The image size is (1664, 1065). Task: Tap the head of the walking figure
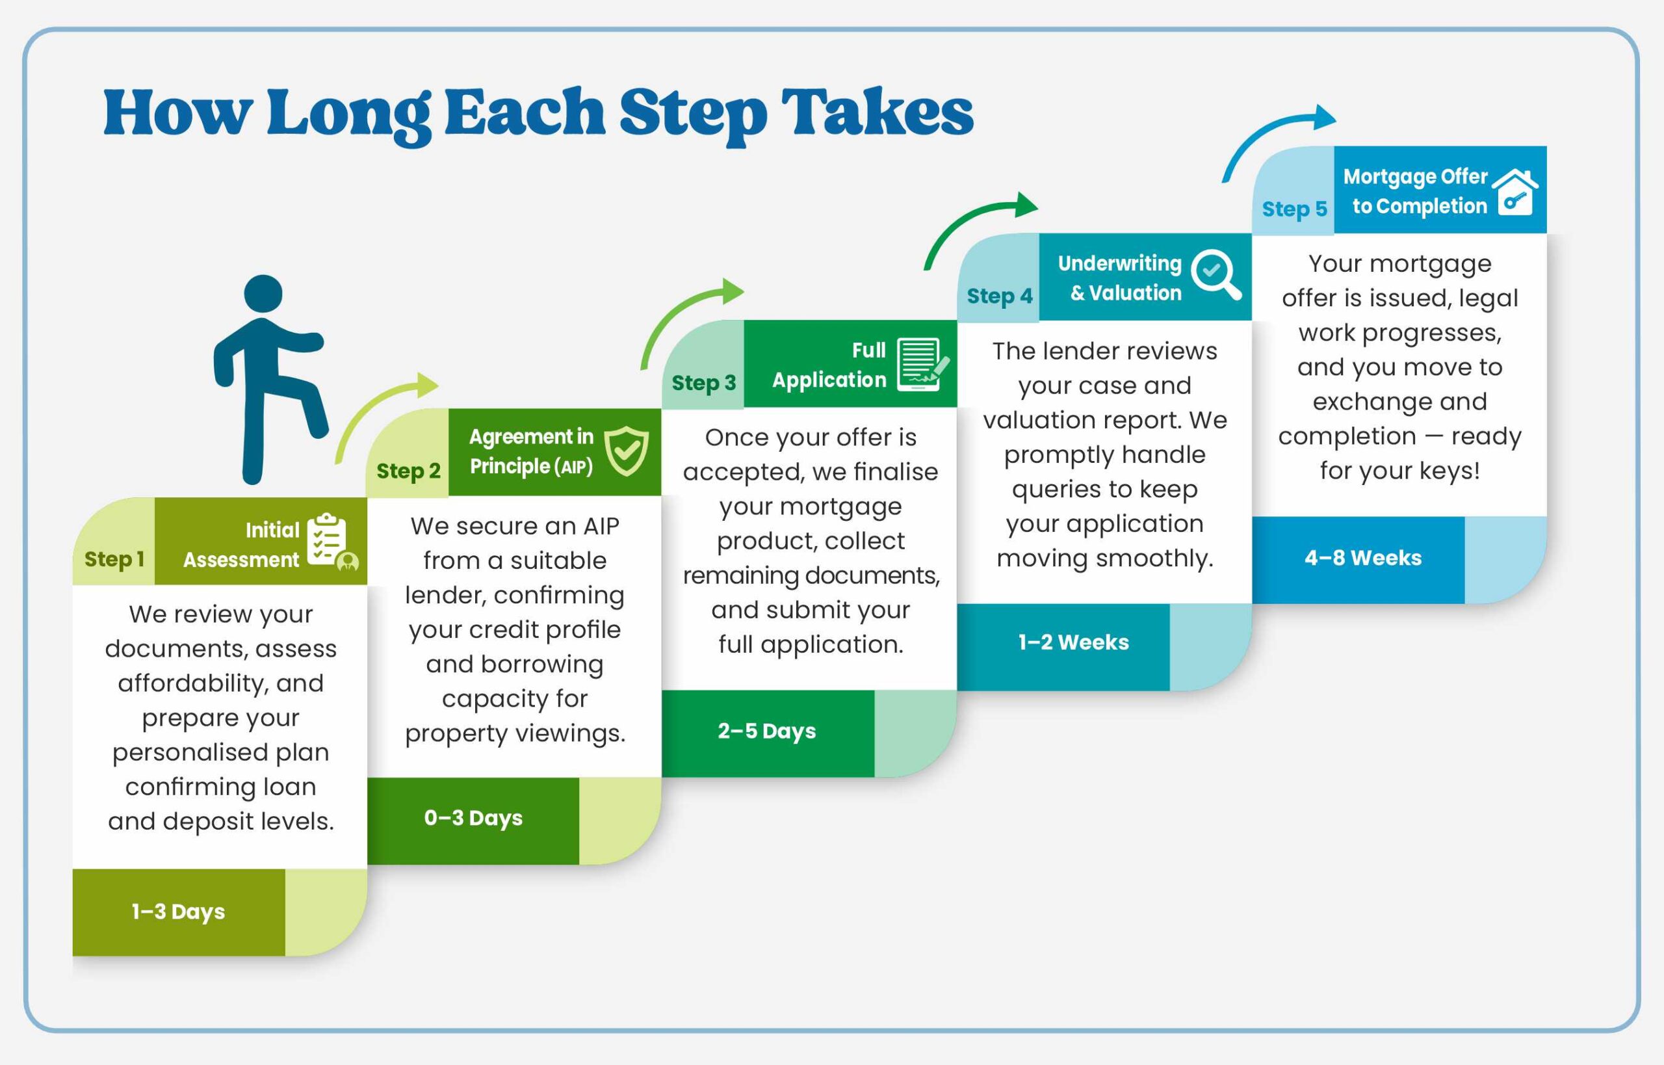coord(263,293)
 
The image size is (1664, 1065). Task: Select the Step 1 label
coord(114,559)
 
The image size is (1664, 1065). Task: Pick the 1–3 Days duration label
coord(178,912)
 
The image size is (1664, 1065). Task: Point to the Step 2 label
coord(408,471)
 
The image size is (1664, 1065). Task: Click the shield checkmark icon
coord(627,451)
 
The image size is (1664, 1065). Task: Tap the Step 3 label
coord(703,382)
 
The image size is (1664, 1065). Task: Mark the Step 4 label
coord(999,296)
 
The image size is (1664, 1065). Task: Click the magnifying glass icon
coord(1215,274)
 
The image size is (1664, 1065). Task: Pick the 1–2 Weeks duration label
coord(1073,642)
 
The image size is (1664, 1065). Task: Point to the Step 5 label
coord(1294,209)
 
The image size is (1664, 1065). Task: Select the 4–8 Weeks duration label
coord(1362,558)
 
